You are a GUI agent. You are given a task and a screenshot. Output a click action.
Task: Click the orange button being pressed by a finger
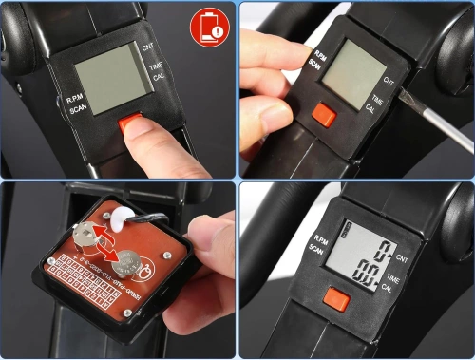click(129, 123)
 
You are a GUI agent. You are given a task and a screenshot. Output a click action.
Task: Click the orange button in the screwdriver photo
click(324, 115)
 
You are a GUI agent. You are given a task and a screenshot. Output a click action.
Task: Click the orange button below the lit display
click(334, 303)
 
